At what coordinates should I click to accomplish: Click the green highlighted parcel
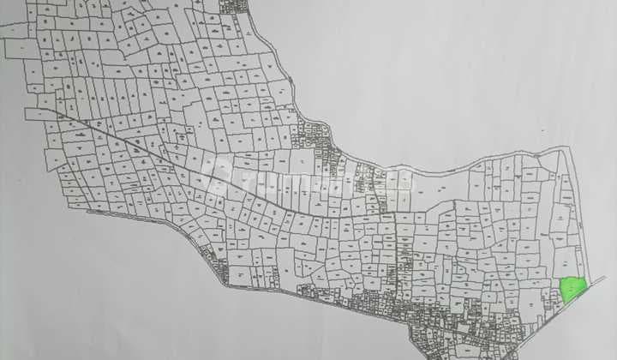(572, 289)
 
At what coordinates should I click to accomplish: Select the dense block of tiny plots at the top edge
(233, 6)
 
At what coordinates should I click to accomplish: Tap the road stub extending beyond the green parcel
(597, 282)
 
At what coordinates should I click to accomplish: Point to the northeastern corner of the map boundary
(567, 152)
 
